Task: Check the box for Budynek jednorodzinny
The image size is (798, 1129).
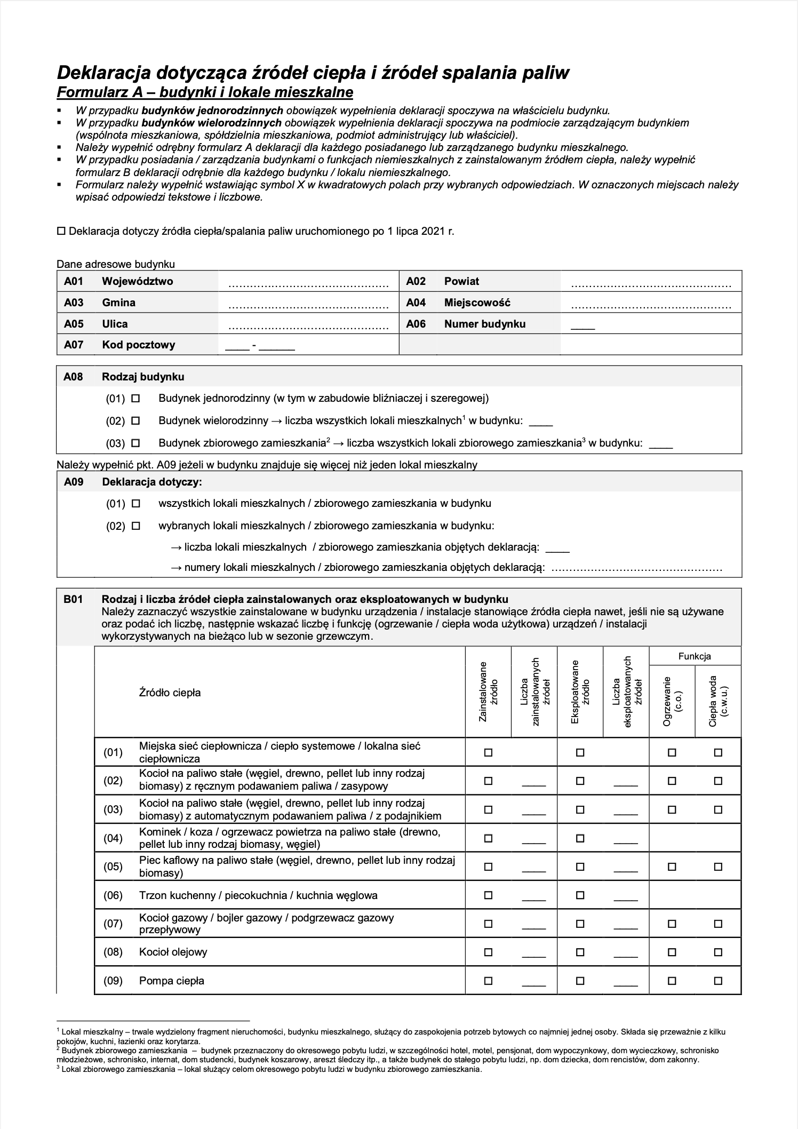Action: tap(135, 398)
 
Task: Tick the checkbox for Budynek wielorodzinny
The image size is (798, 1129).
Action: tap(135, 420)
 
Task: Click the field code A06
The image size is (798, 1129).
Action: tap(416, 324)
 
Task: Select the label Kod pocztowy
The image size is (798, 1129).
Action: tap(138, 345)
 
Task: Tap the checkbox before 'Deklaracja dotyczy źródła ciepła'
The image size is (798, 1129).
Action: tap(61, 232)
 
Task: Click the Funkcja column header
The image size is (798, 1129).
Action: tap(695, 656)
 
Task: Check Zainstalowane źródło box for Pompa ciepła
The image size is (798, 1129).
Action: tap(488, 981)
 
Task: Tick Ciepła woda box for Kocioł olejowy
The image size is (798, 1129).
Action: tap(718, 952)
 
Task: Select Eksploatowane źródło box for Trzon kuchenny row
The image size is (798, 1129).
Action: tap(580, 895)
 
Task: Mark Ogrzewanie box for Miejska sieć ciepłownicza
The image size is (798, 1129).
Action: tap(672, 753)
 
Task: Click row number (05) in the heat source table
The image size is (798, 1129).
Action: tap(113, 866)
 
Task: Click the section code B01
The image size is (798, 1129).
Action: tap(73, 599)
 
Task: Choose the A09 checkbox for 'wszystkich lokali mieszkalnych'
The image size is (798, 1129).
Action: tap(135, 503)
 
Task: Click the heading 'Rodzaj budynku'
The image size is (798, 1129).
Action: tap(143, 377)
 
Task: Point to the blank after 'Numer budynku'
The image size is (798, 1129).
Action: tap(582, 326)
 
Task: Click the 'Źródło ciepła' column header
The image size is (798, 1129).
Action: tap(170, 693)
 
